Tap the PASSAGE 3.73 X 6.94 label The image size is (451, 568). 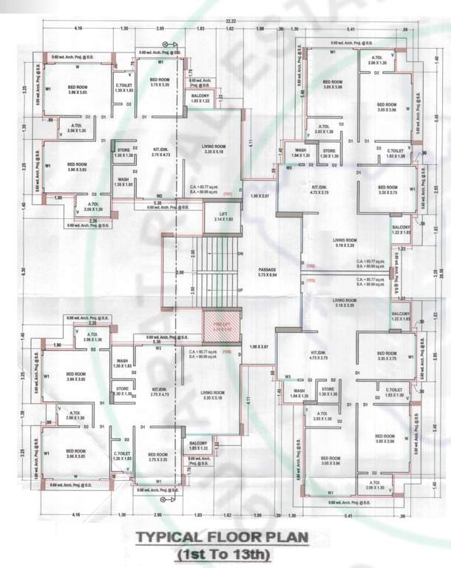pyautogui.click(x=267, y=271)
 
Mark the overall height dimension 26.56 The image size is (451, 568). pyautogui.click(x=442, y=271)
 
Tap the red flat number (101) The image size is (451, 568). pyautogui.click(x=227, y=194)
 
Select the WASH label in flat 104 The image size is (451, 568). pyautogui.click(x=123, y=363)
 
